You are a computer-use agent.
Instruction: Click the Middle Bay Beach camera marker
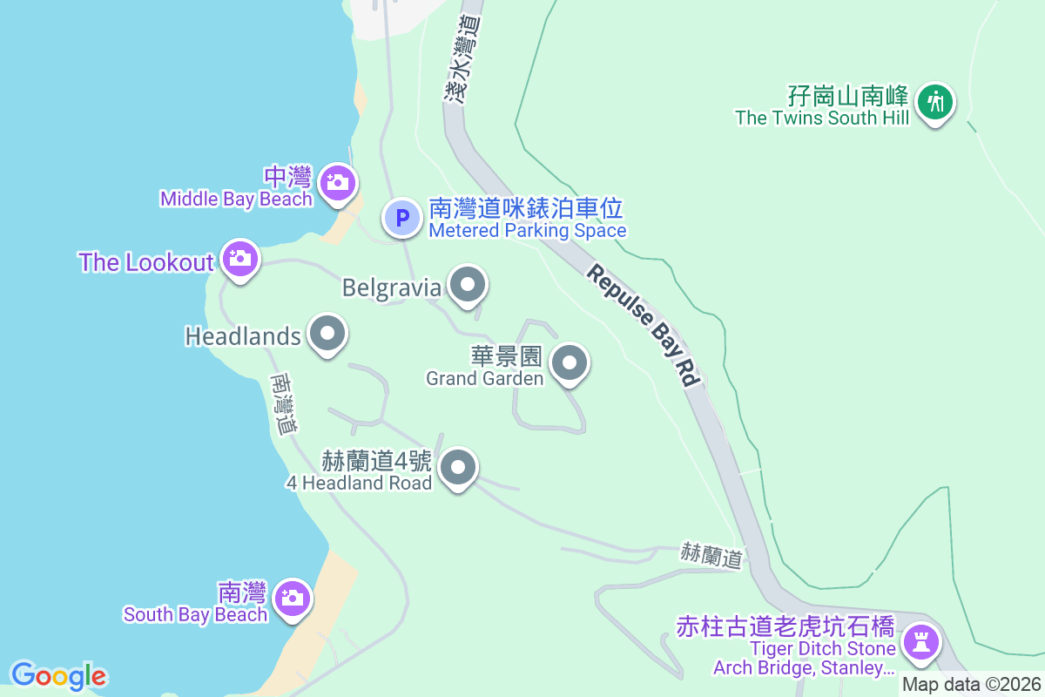point(336,183)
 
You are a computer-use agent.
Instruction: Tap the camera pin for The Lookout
point(239,258)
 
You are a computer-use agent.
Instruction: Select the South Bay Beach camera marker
point(291,598)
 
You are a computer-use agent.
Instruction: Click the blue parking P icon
point(402,218)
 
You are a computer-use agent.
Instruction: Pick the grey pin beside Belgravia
point(468,285)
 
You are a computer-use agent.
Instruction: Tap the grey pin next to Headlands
point(327,334)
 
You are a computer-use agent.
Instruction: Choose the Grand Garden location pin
point(570,362)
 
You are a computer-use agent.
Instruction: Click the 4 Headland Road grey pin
point(458,468)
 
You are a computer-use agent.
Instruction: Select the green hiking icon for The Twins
point(935,102)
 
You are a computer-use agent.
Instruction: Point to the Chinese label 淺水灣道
point(462,59)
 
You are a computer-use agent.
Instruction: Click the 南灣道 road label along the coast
point(284,404)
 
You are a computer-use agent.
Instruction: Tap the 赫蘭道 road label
point(712,554)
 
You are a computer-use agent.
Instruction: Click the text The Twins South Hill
point(821,118)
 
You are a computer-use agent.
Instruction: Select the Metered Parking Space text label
point(527,231)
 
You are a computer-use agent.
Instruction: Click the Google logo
point(58,675)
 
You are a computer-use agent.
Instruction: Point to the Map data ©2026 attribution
point(971,684)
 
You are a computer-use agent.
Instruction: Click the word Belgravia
point(392,288)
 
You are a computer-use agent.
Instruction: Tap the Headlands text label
point(243,335)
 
